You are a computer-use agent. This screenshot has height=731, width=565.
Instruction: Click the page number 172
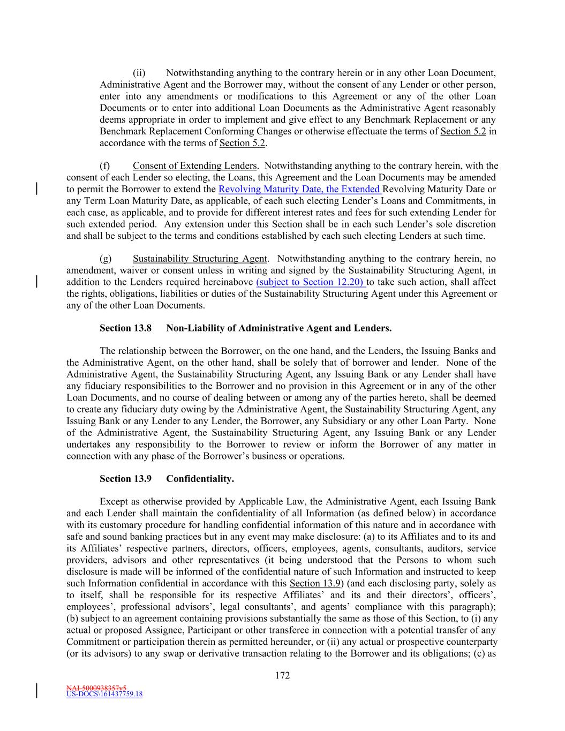(282, 675)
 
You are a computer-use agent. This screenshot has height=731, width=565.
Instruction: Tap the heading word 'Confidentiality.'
(200, 479)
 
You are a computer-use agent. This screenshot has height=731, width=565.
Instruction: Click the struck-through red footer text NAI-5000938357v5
(96, 687)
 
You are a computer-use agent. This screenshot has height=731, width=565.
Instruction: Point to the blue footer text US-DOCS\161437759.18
(104, 695)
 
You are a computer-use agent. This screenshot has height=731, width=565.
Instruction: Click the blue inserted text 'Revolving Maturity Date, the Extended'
(300, 189)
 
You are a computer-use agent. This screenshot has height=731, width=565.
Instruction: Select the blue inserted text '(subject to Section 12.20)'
(311, 282)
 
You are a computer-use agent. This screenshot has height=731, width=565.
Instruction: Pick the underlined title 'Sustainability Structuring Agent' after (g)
(199, 259)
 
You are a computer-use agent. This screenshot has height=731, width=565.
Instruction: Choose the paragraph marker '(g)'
(106, 259)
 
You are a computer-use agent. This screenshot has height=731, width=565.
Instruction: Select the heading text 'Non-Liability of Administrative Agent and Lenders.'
(278, 328)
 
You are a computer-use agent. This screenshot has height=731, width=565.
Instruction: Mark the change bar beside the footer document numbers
(36, 691)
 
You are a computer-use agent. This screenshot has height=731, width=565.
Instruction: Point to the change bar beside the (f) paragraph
(36, 189)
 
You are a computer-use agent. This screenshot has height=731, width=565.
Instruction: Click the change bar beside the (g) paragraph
(36, 282)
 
